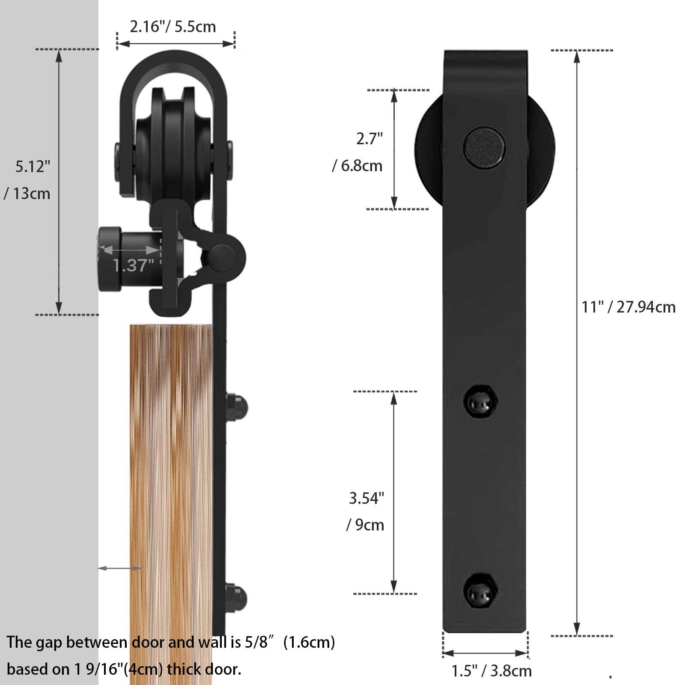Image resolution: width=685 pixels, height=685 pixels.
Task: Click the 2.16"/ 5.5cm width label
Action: [x=173, y=27]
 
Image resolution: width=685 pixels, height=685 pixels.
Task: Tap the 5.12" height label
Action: [x=33, y=166]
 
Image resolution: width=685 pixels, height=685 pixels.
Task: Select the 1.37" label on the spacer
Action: [x=133, y=265]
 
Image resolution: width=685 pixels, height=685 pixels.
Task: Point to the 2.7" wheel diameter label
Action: [x=369, y=139]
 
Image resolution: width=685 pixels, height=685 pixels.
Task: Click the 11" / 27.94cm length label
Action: [x=628, y=307]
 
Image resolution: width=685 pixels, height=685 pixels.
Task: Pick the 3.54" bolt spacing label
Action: [x=366, y=498]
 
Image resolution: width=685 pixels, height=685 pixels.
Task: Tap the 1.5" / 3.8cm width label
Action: [x=491, y=670]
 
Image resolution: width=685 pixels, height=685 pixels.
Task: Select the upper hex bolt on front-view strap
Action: [x=480, y=402]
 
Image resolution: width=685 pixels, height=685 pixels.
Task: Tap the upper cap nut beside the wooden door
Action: [x=237, y=407]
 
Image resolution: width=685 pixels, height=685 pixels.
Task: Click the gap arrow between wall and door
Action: [x=119, y=568]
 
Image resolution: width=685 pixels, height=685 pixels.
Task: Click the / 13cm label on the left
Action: [x=27, y=194]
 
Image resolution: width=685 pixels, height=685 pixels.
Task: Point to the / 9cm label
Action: [x=365, y=525]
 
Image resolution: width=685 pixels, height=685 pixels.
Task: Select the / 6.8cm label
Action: [x=357, y=166]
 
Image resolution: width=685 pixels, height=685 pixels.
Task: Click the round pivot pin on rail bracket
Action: [x=222, y=257]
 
